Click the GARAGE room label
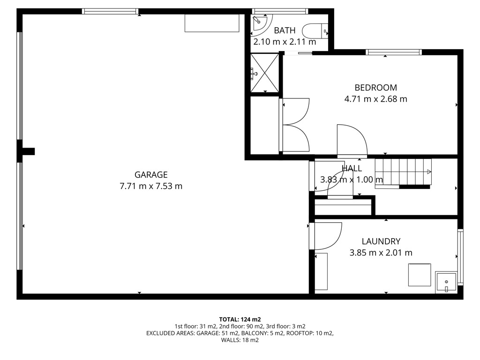pyautogui.click(x=151, y=175)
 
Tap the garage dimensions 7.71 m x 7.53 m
pyautogui.click(x=151, y=186)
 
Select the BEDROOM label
pyautogui.click(x=375, y=88)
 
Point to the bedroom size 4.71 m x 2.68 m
pyautogui.click(x=375, y=99)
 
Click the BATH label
pyautogui.click(x=285, y=30)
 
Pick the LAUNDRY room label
pyautogui.click(x=381, y=241)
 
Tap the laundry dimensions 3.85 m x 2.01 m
pyautogui.click(x=381, y=253)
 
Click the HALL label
pyautogui.click(x=352, y=168)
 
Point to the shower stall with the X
pyautogui.click(x=265, y=73)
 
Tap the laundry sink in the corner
pyautogui.click(x=446, y=283)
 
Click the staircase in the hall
pyautogui.click(x=403, y=173)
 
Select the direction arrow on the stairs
pyautogui.click(x=429, y=172)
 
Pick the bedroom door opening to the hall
pyautogui.click(x=352, y=141)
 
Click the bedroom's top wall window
pyautogui.click(x=394, y=52)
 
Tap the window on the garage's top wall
pyautogui.click(x=110, y=12)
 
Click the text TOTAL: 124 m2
pyautogui.click(x=240, y=320)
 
